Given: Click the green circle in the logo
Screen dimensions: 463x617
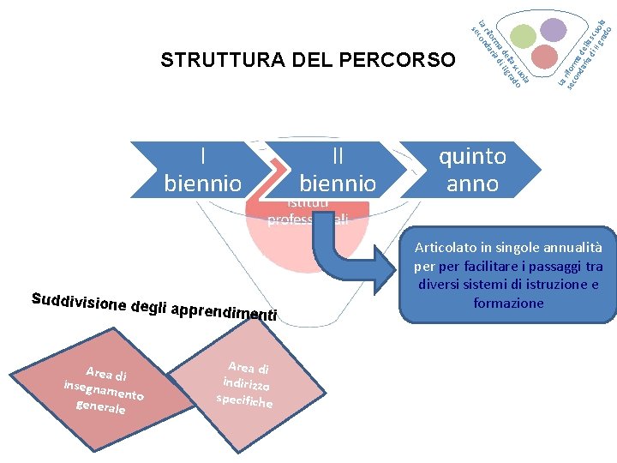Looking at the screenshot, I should point(524,35).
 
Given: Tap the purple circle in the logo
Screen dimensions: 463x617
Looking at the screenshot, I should point(554,30).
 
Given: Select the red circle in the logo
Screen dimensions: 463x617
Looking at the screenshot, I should point(544,57).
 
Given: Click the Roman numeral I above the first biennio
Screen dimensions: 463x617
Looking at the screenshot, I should point(202,156).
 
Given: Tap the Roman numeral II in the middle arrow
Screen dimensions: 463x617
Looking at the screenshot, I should point(338,156).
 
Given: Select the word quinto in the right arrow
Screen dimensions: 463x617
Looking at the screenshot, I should point(472,156).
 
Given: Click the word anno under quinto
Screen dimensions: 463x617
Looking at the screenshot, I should point(472,183).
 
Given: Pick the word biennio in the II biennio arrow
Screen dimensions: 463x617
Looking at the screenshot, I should point(338,183).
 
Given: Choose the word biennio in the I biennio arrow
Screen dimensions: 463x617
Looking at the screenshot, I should point(202,183).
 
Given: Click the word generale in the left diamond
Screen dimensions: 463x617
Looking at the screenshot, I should point(101,406).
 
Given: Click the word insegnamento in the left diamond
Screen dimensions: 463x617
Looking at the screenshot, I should point(103,389).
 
